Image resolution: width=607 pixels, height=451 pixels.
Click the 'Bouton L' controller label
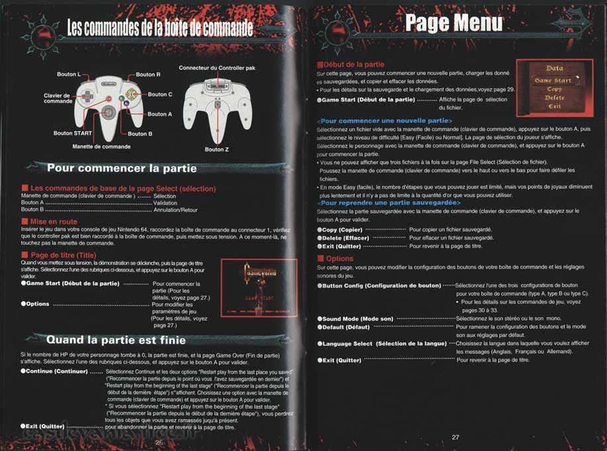tap(68, 74)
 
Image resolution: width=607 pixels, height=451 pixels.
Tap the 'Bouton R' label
tap(148, 75)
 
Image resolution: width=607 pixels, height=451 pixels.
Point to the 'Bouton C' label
tap(160, 95)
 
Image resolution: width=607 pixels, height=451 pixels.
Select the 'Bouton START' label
tap(72, 133)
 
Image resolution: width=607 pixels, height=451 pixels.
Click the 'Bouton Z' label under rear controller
tap(216, 150)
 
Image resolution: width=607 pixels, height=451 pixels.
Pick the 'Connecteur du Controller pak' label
tap(216, 68)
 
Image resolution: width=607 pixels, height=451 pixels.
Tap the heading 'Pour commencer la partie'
tap(113, 168)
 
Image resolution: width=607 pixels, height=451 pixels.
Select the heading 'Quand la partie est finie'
tap(116, 340)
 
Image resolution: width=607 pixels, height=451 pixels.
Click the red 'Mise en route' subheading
tap(54, 221)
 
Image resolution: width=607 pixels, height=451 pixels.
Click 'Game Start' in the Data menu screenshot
tap(553, 80)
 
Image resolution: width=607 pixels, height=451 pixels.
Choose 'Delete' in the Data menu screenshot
tap(554, 97)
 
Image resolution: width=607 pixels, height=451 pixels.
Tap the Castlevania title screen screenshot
tap(255, 286)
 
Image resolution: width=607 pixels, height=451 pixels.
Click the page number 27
tap(455, 437)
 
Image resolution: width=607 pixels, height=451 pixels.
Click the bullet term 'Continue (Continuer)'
tap(56, 372)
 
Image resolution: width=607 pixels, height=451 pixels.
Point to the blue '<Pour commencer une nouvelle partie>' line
tap(385, 121)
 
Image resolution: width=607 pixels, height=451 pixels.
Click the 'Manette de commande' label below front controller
tap(101, 146)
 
